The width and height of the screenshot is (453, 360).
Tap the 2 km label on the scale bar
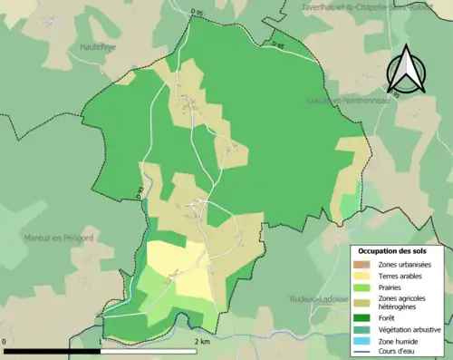pos(202,342)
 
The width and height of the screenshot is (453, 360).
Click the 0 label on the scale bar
pos(5,342)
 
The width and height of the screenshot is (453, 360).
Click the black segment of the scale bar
pos(52,351)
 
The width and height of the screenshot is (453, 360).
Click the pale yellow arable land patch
pos(177,268)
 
